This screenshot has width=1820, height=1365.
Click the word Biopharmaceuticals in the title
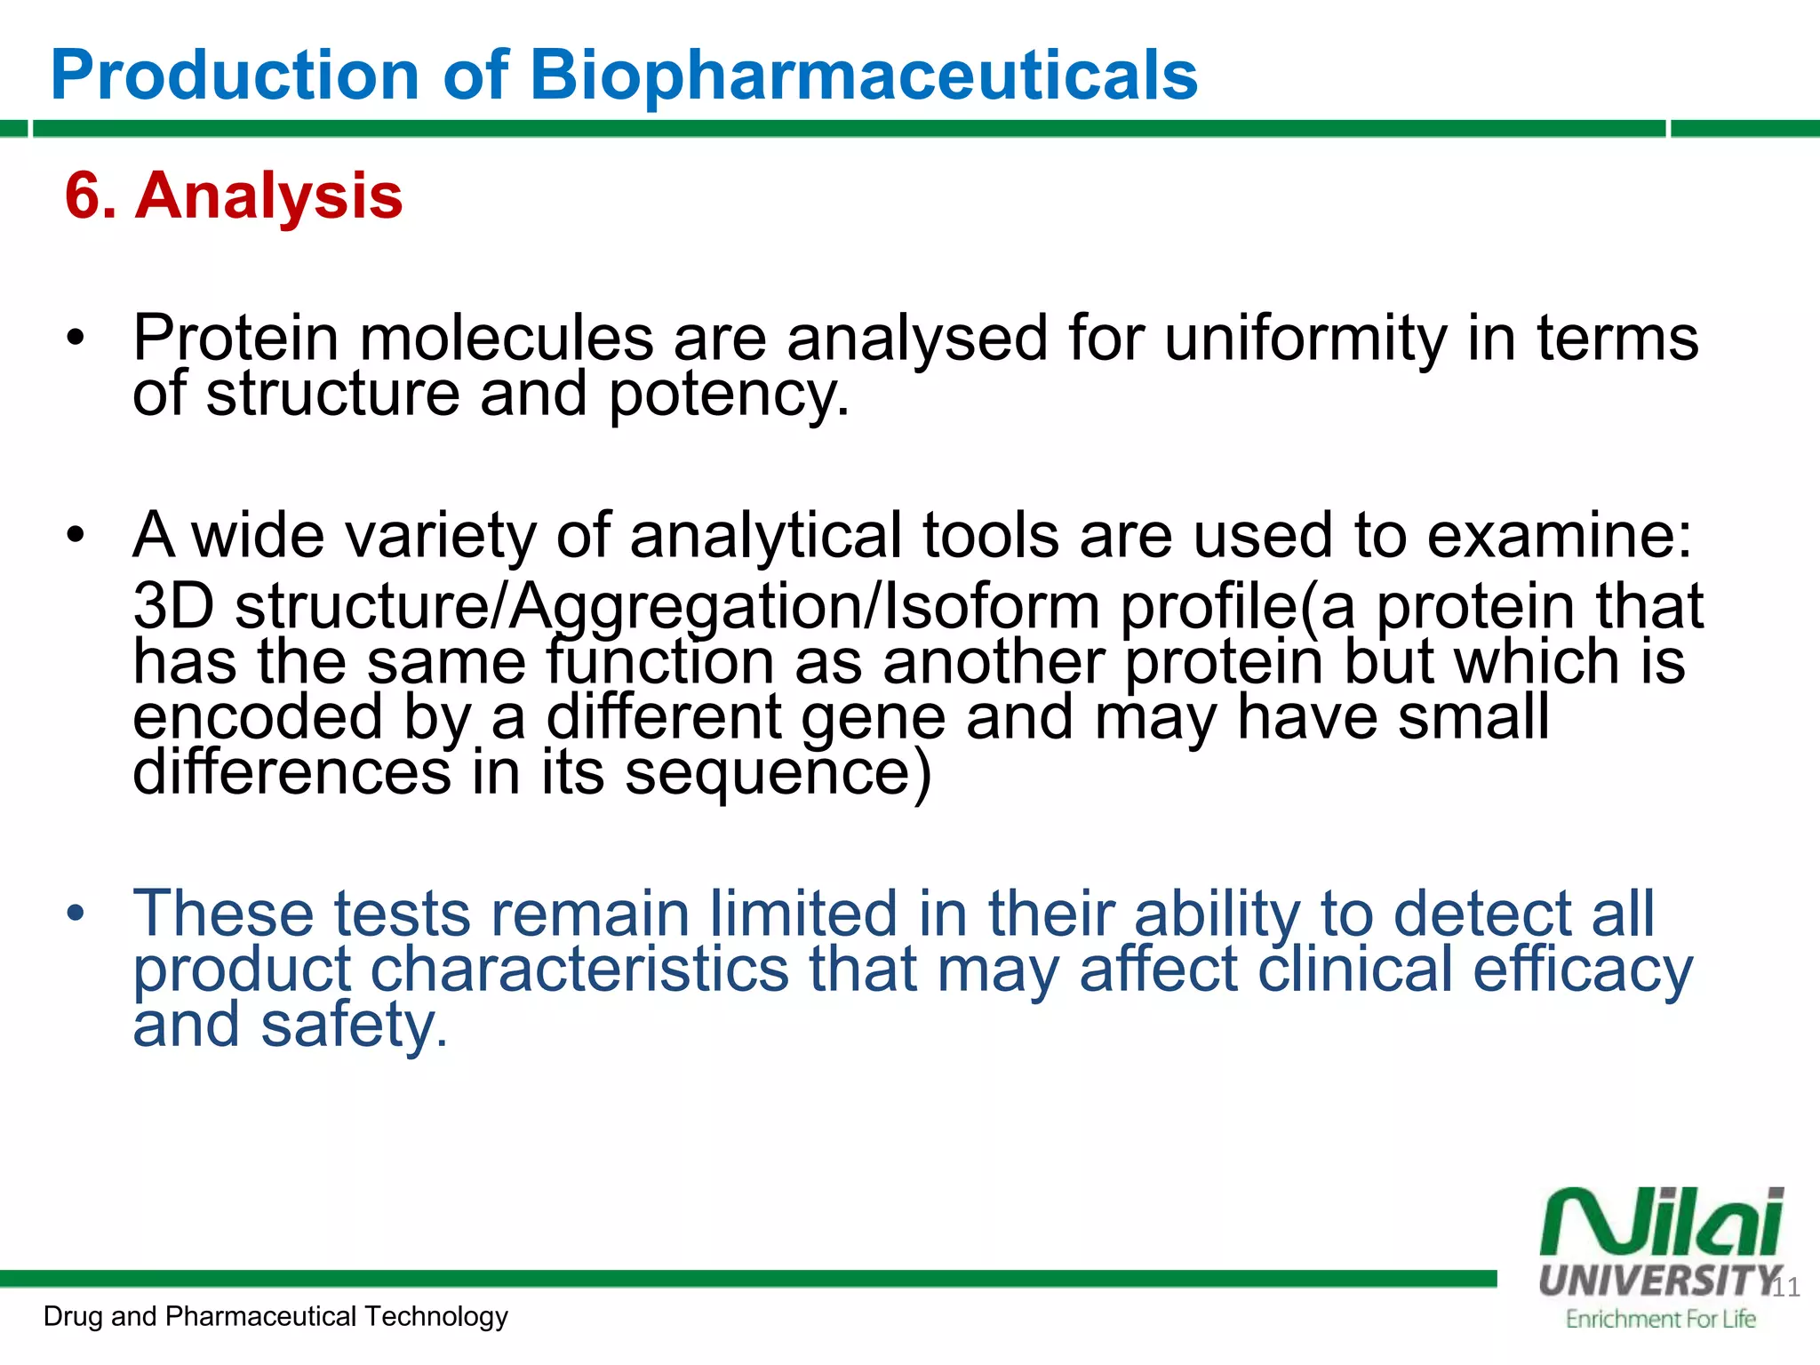click(863, 75)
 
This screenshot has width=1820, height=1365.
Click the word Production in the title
click(235, 75)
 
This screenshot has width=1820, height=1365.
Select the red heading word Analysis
click(268, 196)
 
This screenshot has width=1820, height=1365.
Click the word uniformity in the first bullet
click(1305, 339)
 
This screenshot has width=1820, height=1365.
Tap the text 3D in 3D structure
click(173, 607)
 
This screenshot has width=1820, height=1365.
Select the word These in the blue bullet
click(223, 914)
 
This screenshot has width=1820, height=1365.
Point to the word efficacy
click(1583, 970)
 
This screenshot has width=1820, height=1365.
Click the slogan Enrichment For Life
click(1660, 1319)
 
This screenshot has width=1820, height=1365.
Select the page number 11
click(1785, 1288)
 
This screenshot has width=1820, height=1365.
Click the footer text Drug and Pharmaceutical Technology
click(275, 1316)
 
